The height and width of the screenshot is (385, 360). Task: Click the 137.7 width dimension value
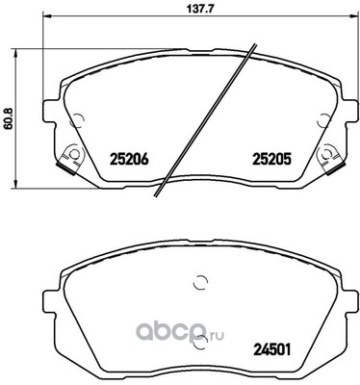[197, 12]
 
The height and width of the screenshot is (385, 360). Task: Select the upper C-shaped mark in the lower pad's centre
[200, 282]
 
